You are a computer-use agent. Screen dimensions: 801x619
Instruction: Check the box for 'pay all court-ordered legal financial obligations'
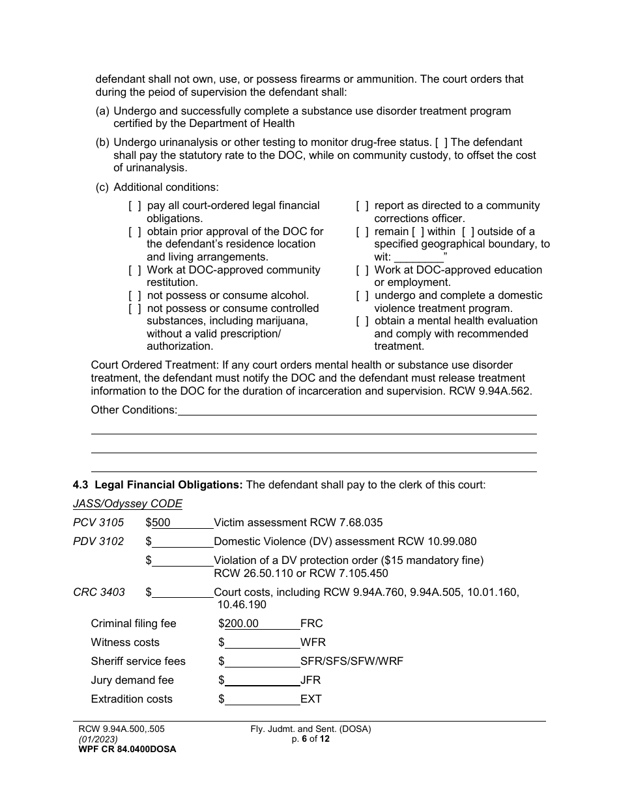pyautogui.click(x=135, y=206)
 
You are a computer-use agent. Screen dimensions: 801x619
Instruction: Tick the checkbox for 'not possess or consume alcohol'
pyautogui.click(x=135, y=296)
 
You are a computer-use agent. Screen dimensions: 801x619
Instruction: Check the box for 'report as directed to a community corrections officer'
pyautogui.click(x=362, y=206)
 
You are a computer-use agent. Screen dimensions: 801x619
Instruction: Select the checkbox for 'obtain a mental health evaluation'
pyautogui.click(x=362, y=321)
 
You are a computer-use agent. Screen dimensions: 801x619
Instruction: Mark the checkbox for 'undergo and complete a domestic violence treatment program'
pyautogui.click(x=362, y=296)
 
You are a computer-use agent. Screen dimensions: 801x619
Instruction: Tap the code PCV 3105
pyautogui.click(x=98, y=522)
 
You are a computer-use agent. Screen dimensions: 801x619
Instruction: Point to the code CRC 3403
pyautogui.click(x=99, y=592)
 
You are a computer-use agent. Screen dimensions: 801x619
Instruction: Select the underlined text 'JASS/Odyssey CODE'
pyautogui.click(x=128, y=503)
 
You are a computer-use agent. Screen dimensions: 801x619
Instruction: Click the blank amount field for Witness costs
pyautogui.click(x=262, y=642)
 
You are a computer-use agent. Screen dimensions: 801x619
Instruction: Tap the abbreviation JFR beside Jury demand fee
pyautogui.click(x=311, y=680)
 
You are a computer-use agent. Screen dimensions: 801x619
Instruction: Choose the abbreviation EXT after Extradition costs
pyautogui.click(x=311, y=699)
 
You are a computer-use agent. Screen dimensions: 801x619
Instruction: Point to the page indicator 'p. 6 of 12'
pyautogui.click(x=311, y=739)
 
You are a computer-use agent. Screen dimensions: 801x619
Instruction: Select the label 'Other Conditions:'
pyautogui.click(x=134, y=410)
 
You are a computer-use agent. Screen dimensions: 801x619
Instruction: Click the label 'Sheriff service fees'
pyautogui.click(x=138, y=661)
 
